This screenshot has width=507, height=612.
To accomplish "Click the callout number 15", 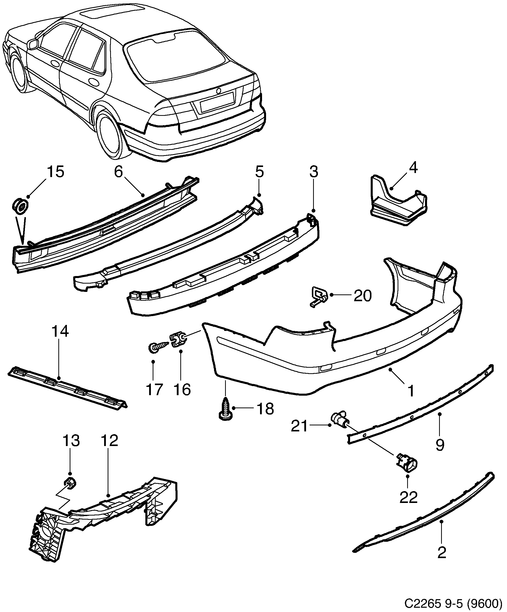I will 55,172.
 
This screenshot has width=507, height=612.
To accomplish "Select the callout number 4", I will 413,168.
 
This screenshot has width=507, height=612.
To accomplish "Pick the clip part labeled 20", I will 318,296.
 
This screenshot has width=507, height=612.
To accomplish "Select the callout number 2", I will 442,561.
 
